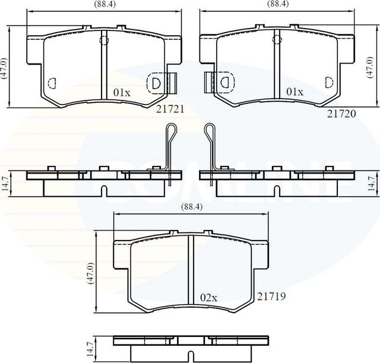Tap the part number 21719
pyautogui.click(x=271, y=295)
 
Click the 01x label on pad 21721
pyautogui.click(x=122, y=93)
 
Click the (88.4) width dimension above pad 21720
pyautogui.click(x=274, y=5)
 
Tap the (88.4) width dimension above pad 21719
pyautogui.click(x=188, y=208)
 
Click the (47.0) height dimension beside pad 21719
pyautogui.click(x=91, y=273)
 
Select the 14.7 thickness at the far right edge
pyautogui.click(x=372, y=184)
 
